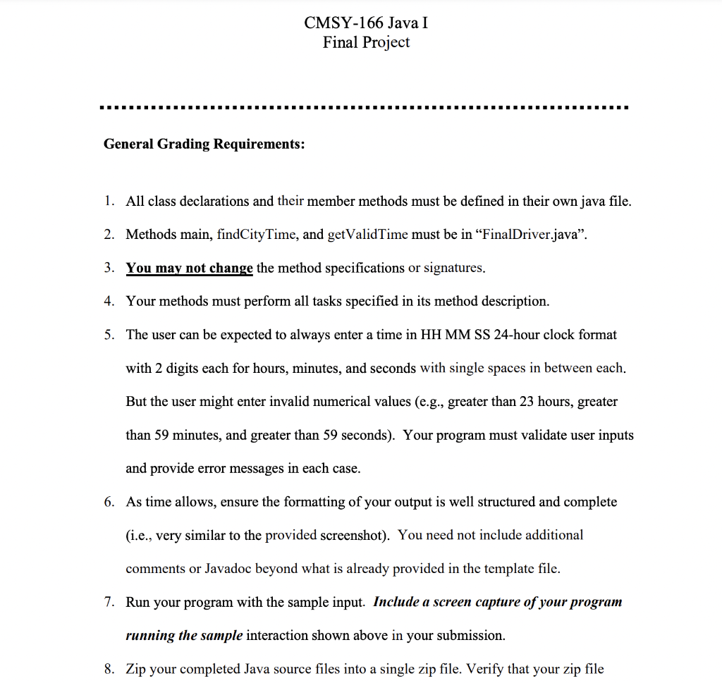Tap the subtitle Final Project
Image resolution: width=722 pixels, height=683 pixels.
click(366, 42)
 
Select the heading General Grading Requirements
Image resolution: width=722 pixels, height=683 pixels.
click(204, 144)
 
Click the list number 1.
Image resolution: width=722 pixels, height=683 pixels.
click(108, 202)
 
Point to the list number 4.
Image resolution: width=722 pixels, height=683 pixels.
click(108, 302)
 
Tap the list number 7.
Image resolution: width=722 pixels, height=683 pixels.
click(108, 603)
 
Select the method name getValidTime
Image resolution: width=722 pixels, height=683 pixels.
click(368, 235)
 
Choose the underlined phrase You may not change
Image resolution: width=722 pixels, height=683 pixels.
click(189, 268)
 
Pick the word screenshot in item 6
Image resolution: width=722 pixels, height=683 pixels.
click(354, 536)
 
